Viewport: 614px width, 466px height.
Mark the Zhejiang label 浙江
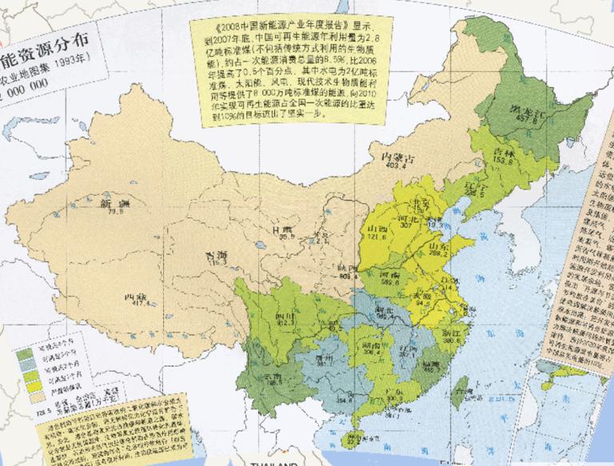(x=453, y=331)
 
